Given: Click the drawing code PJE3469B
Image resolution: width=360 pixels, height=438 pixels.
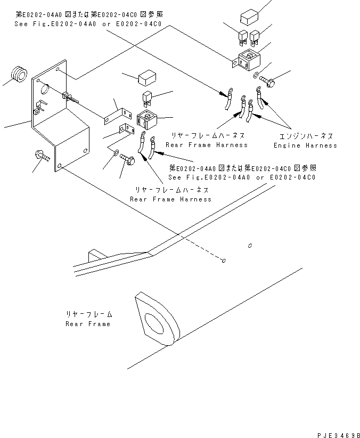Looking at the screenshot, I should click(x=337, y=434).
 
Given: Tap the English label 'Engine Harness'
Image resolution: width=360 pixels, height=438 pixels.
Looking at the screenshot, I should click(x=305, y=145).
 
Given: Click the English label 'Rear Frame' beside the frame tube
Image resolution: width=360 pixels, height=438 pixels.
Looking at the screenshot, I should click(x=88, y=324).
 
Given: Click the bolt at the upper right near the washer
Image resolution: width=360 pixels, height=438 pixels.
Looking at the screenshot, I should click(x=266, y=83).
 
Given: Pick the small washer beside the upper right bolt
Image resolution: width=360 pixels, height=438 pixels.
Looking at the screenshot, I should click(x=256, y=74).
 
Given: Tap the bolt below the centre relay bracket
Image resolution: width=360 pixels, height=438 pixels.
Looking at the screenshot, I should click(x=127, y=158).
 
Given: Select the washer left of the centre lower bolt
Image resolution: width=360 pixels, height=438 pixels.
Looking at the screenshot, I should click(x=117, y=153).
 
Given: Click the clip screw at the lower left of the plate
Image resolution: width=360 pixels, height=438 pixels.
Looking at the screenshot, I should click(x=41, y=156).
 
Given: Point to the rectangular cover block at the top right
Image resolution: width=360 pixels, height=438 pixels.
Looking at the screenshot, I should click(x=250, y=18).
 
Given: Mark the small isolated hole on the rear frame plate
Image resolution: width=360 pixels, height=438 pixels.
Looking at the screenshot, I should click(x=249, y=246).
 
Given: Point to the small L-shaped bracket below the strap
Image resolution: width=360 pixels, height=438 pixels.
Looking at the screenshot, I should click(x=126, y=131).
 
